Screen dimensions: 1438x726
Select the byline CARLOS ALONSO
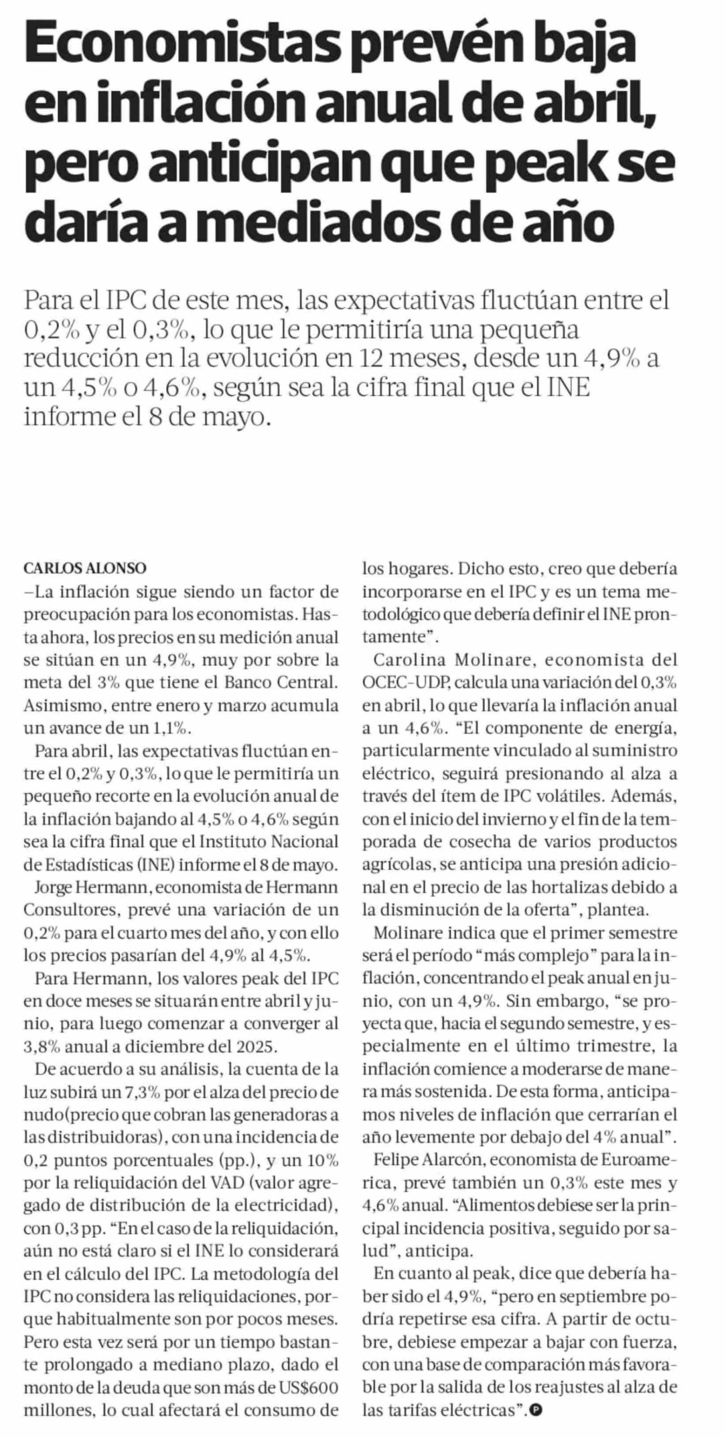tap(85, 568)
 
